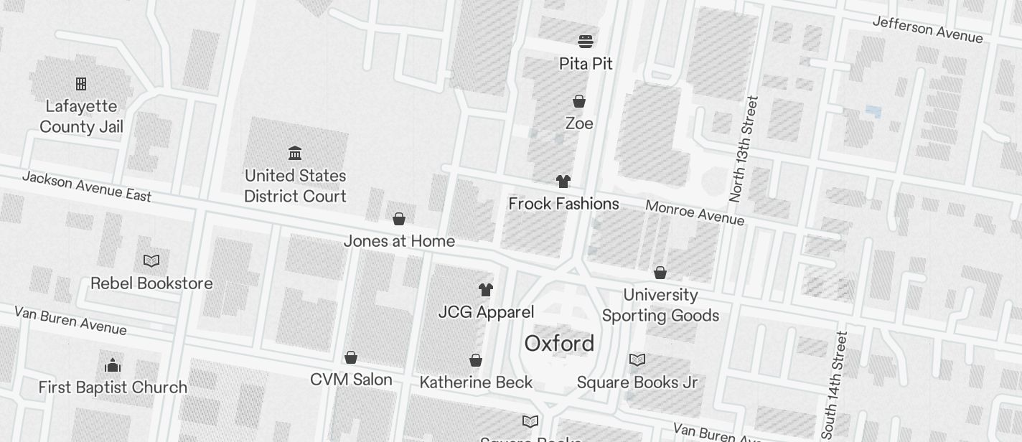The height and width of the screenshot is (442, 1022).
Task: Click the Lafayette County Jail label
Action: coord(81,116)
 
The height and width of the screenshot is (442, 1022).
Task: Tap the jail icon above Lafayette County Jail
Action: coord(81,84)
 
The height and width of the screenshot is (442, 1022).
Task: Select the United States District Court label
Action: coord(295,186)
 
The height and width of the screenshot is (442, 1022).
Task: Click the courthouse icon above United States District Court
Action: coord(295,153)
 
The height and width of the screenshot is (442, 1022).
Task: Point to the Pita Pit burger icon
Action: coord(586,41)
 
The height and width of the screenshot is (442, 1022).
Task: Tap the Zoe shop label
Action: coord(579,123)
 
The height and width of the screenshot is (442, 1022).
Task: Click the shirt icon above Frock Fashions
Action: coord(563,182)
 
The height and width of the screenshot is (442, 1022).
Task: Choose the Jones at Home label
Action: coord(399,241)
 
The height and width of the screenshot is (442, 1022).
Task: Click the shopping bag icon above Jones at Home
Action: coord(399,219)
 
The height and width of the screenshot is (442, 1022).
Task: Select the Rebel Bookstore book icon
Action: coord(151,260)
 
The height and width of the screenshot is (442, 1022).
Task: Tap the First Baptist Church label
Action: coord(113,387)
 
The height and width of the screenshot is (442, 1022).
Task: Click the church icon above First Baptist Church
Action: coord(113,365)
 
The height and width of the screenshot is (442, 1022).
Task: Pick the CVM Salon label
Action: coord(351,380)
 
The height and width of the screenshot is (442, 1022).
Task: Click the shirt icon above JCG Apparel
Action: coord(486,290)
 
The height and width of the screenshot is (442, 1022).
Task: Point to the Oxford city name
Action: coord(559,344)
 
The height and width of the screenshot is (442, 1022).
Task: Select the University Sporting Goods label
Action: coord(660,305)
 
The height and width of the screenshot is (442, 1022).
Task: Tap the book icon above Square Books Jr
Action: coord(637,359)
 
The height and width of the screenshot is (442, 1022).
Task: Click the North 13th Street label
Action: coord(743,149)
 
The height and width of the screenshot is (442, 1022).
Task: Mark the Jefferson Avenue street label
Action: coord(927,29)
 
